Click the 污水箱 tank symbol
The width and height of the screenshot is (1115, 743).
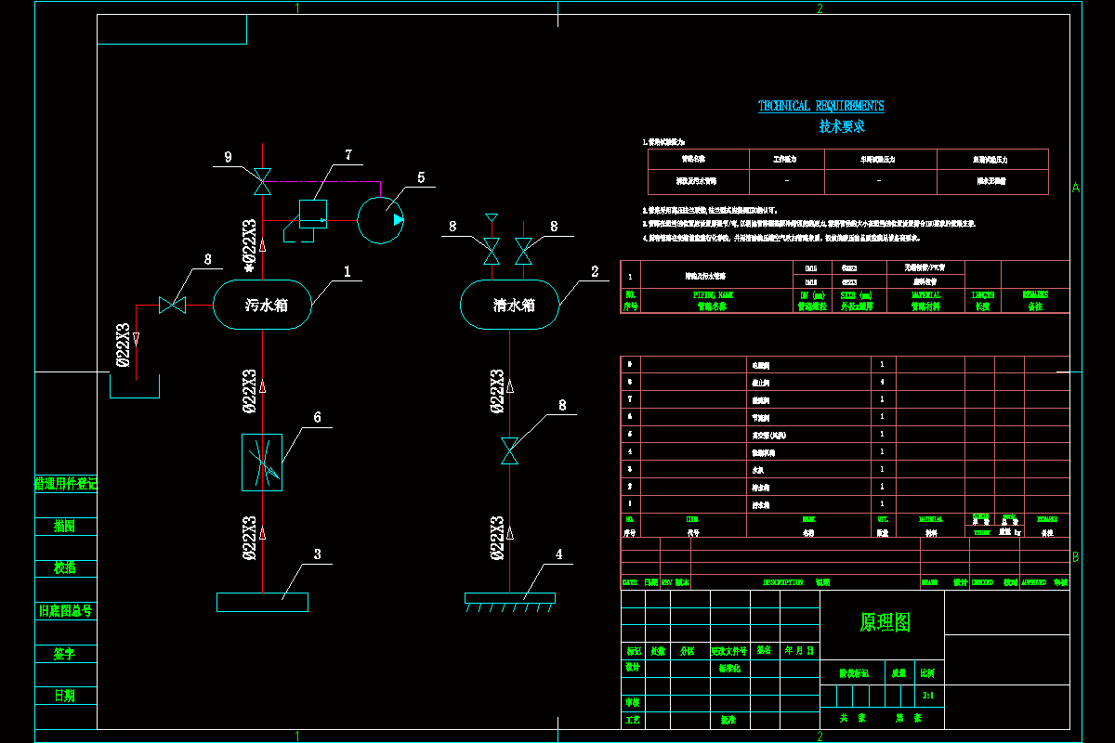click(264, 305)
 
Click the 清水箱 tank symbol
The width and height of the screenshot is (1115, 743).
click(511, 305)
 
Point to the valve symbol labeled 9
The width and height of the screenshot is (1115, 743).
click(263, 181)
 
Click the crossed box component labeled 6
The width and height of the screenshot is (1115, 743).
click(261, 463)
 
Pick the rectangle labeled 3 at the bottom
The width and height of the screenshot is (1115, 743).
click(262, 602)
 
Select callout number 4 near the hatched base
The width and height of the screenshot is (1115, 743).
click(558, 554)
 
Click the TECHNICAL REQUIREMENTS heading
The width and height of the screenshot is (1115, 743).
click(820, 106)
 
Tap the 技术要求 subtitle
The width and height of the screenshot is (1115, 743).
click(841, 126)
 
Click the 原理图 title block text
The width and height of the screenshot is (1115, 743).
click(885, 622)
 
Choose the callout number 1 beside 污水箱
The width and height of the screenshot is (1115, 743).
click(347, 272)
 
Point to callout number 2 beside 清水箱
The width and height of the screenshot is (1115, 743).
click(594, 272)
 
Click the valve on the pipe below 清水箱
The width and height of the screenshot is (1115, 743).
click(509, 450)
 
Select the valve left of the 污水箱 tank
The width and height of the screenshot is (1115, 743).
click(172, 304)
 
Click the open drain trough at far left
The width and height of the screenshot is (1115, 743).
click(135, 386)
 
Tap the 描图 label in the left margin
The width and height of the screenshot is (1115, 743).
click(64, 526)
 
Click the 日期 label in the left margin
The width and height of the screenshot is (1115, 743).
click(64, 696)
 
